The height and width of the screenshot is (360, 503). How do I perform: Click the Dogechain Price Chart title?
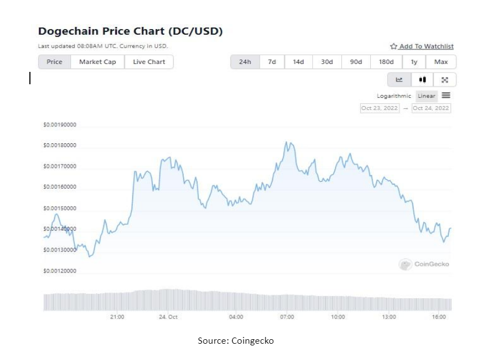(x=130, y=31)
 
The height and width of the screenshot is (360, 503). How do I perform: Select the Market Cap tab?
(x=97, y=62)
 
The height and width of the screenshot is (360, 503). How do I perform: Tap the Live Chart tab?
(x=149, y=62)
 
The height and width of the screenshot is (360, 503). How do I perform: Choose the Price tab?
(x=55, y=62)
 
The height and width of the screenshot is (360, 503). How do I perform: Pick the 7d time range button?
(x=271, y=62)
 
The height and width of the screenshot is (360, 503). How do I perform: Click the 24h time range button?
(x=245, y=62)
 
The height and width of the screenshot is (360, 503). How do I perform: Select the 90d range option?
(x=356, y=62)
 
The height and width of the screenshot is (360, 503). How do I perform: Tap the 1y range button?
(x=414, y=62)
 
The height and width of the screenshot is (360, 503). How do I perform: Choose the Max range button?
(x=441, y=62)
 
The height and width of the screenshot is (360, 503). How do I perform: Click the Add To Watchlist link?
(x=422, y=47)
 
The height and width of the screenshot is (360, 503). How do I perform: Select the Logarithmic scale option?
(x=394, y=96)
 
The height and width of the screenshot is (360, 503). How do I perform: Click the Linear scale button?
(x=427, y=96)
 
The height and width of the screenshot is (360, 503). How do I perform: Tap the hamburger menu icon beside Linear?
(x=446, y=95)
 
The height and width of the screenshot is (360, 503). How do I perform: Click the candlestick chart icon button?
(x=422, y=80)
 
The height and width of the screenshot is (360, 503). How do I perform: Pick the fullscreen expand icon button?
(x=445, y=80)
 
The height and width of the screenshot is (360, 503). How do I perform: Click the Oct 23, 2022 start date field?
(x=379, y=108)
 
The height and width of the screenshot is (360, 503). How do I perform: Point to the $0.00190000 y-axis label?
(x=60, y=125)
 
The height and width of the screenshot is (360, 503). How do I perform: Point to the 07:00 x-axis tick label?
(x=287, y=317)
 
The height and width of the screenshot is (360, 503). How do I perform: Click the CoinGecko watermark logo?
(x=424, y=264)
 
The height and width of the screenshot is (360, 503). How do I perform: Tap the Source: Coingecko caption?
(x=235, y=341)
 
